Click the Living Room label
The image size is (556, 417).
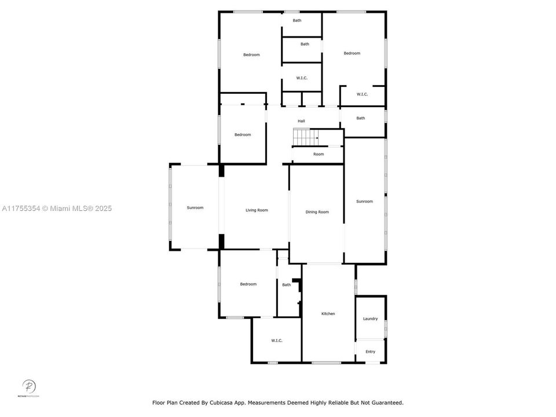click(257, 210)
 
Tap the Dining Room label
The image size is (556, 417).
click(317, 212)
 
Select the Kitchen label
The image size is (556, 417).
click(328, 314)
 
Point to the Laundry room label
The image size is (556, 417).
click(370, 319)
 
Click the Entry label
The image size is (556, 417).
click(370, 352)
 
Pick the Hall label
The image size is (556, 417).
click(301, 121)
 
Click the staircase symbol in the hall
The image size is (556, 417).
click(305, 137)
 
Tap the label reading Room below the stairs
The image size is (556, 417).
click(319, 154)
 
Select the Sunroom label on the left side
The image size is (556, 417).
click(195, 207)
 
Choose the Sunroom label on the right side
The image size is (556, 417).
click(364, 202)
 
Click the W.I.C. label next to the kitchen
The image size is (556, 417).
click(276, 341)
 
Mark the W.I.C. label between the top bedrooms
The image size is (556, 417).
click(301, 78)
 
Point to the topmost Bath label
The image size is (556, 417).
click(297, 21)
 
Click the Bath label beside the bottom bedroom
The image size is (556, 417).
click(286, 285)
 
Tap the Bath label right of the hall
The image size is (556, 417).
click(361, 118)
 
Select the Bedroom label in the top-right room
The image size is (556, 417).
click(352, 53)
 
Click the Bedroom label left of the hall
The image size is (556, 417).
click(243, 135)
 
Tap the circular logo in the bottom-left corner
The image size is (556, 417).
click(28, 386)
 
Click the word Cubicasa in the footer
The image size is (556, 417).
click(233, 403)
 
